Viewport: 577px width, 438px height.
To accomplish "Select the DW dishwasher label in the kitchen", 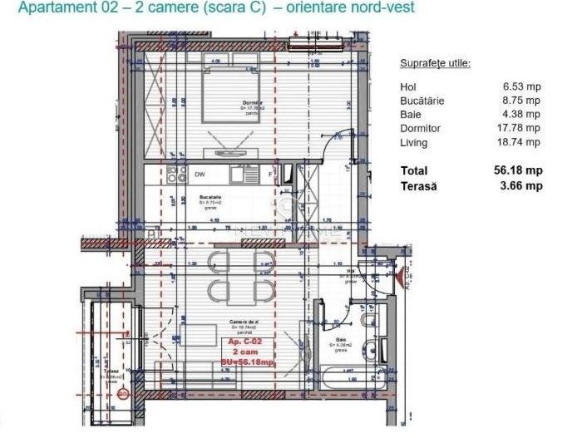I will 200,175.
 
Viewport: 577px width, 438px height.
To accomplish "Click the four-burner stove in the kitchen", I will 176,175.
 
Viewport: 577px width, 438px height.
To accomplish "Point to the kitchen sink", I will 242,175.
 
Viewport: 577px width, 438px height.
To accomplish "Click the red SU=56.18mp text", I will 239,362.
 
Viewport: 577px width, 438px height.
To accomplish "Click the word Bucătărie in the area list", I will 422,100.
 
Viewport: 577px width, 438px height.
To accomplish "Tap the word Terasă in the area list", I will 420,186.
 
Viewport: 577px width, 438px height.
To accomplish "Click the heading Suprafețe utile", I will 435,62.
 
